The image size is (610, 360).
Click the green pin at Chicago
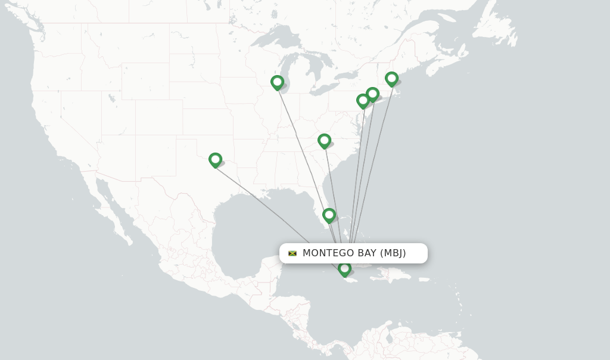coord(277,82)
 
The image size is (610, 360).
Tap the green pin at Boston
coord(391,79)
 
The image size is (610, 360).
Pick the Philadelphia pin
coord(363,101)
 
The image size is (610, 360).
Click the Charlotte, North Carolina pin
coord(324,141)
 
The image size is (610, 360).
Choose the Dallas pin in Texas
coord(215,160)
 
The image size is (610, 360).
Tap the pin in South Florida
coord(329,215)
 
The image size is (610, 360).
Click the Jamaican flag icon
coord(292,253)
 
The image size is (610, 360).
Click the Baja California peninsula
coord(113,206)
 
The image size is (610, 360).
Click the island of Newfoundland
coord(500,27)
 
